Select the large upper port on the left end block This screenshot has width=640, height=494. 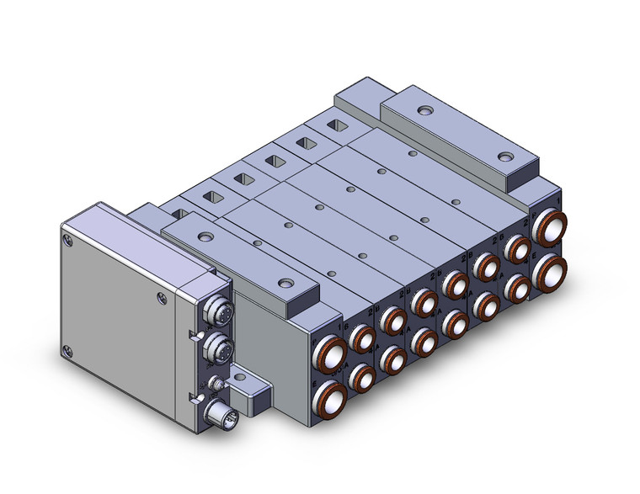tap(332, 352)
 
